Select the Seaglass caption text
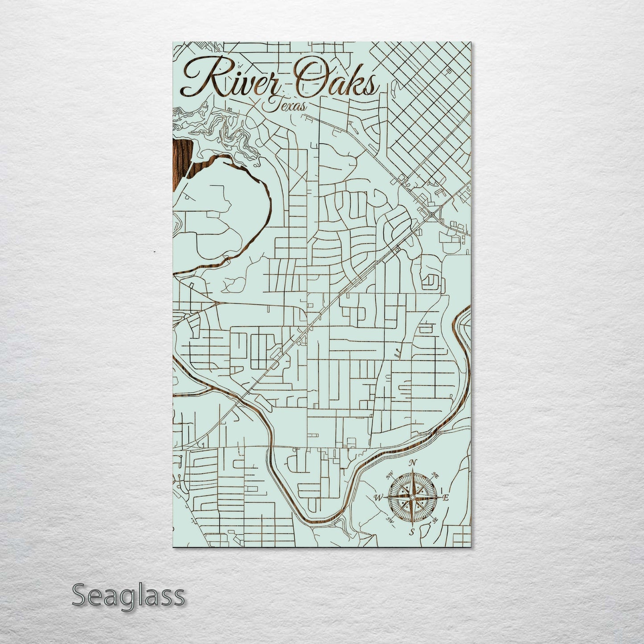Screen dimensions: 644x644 (x=128, y=595)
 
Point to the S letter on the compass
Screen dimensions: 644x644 (x=412, y=532)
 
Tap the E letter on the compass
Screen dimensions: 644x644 (x=446, y=497)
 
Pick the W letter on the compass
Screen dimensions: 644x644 (x=379, y=497)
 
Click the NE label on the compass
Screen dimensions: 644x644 (x=436, y=477)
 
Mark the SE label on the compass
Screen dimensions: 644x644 (x=435, y=520)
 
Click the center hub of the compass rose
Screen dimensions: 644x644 (x=413, y=497)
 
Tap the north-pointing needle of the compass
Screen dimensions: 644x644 (x=413, y=481)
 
